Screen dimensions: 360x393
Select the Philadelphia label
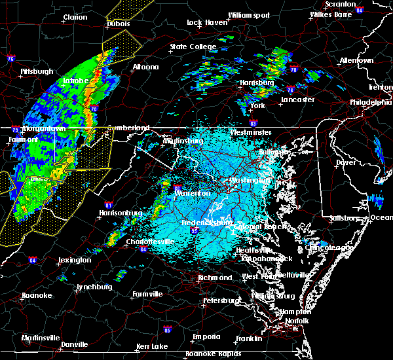(x=370, y=102)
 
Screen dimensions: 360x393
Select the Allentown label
(x=356, y=60)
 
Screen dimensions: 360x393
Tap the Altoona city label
(x=145, y=67)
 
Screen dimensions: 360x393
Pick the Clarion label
(x=75, y=18)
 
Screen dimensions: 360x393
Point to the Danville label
(x=75, y=344)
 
